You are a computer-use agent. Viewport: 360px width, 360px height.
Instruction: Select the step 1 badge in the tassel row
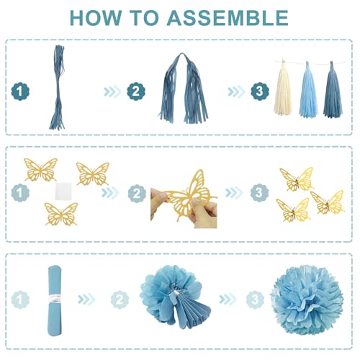coord(22,91)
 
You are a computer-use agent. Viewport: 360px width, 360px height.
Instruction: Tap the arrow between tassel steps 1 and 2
coord(112,91)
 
